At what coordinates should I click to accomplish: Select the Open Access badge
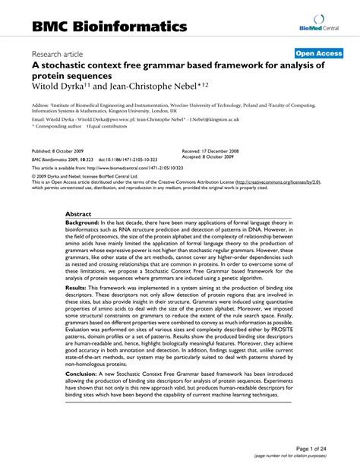point(318,55)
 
